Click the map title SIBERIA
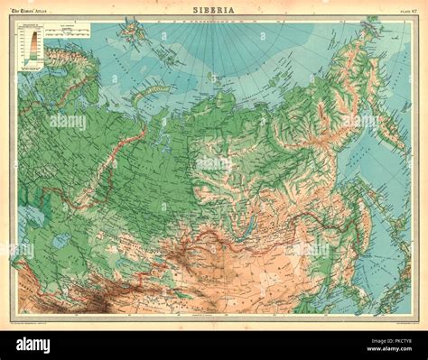[x=213, y=9]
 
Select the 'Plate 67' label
[x=397, y=10]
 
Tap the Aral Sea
[x=61, y=241]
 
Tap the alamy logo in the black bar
[x=33, y=345]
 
